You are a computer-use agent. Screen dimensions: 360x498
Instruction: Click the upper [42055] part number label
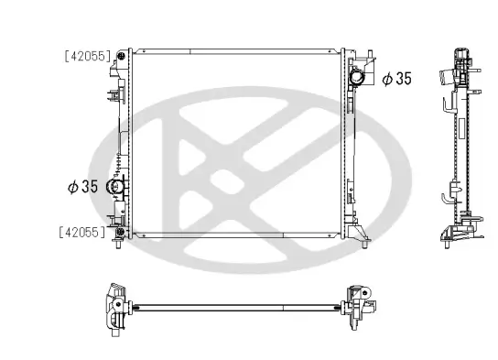88,55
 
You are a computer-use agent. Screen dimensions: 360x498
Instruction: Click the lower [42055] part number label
88,232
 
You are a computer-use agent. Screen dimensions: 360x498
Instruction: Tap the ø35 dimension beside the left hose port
81,187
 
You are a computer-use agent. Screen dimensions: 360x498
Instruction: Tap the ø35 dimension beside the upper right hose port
396,79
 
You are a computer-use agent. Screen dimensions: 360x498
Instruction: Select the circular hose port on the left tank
116,188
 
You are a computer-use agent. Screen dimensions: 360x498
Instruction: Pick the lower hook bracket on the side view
446,195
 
